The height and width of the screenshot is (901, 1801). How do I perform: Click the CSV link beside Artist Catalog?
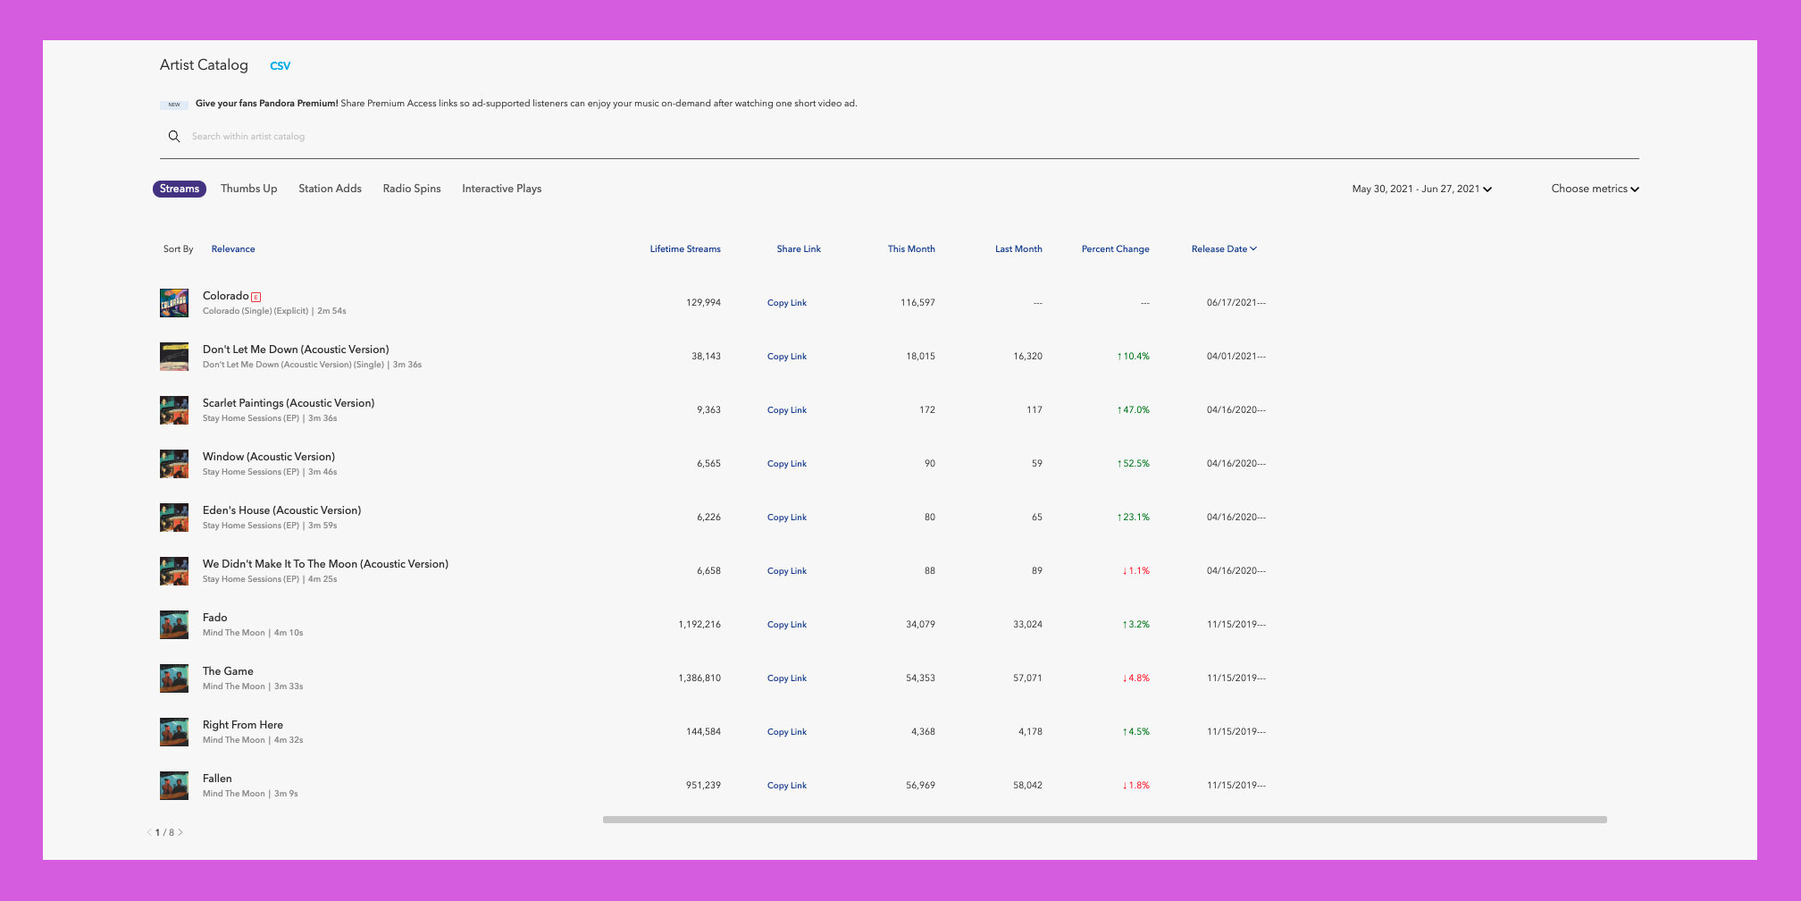(280, 66)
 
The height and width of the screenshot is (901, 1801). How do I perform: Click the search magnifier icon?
(174, 137)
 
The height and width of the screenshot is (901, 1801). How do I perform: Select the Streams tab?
(180, 189)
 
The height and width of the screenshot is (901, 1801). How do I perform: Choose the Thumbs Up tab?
(248, 189)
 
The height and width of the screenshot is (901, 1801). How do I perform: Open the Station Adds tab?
(330, 189)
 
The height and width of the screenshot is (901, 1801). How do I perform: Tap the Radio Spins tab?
(412, 189)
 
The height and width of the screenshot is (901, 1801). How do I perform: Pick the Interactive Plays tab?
(501, 189)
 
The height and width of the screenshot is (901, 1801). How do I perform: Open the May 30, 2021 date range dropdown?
(1421, 189)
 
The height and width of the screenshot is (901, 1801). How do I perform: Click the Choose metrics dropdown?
(1595, 189)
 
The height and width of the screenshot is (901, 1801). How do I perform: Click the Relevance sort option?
(233, 249)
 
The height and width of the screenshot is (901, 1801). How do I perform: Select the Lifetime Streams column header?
(685, 249)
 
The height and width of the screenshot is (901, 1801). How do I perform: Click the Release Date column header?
(1223, 249)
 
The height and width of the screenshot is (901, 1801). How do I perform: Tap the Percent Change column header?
(1115, 249)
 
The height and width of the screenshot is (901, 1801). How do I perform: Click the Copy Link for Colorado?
(786, 303)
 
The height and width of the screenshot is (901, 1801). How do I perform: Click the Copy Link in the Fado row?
(786, 625)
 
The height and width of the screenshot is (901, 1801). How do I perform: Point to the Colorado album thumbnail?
(174, 303)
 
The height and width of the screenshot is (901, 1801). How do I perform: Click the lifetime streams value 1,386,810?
(699, 678)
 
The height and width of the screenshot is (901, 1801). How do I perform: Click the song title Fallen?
(217, 779)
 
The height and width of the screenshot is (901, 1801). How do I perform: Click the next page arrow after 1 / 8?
(180, 832)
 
